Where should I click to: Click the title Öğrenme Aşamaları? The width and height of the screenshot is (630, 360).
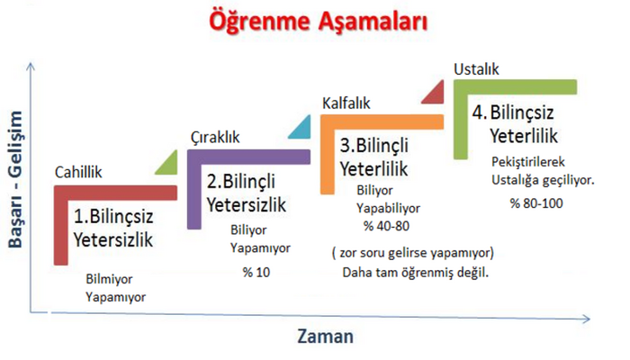click(318, 22)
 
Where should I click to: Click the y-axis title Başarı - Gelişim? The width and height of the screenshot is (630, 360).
click(15, 179)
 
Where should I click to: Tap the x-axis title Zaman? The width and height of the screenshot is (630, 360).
click(326, 336)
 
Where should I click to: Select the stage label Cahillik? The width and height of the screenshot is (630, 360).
click(78, 172)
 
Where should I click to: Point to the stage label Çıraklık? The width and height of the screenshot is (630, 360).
click(215, 138)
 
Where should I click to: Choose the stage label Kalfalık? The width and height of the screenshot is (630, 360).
click(346, 103)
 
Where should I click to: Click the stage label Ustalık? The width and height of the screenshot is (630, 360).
click(476, 69)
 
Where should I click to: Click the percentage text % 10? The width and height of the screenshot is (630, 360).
click(256, 272)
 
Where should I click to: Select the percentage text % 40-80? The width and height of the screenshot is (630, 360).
click(386, 226)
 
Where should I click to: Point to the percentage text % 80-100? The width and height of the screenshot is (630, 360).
click(536, 202)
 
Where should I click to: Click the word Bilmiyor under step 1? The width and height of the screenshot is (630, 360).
click(109, 278)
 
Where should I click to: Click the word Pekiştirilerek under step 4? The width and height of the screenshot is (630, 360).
click(528, 161)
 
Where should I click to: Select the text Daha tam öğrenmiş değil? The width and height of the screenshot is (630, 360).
click(416, 273)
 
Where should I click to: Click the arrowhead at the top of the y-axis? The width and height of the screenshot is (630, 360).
click(31, 65)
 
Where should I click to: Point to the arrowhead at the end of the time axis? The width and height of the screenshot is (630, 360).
click(586, 319)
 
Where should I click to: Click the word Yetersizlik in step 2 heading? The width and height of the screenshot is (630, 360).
click(247, 204)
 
